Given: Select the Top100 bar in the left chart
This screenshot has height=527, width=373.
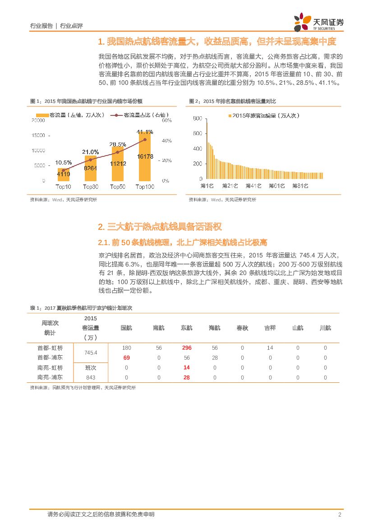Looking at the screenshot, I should point(145,158).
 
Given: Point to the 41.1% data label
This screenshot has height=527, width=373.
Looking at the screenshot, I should point(145,132).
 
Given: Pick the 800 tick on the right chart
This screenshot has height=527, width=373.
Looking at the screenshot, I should point(197,119).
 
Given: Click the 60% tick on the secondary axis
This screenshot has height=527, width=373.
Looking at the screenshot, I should point(166,121).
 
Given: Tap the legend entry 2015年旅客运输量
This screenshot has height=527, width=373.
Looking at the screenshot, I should point(264,116).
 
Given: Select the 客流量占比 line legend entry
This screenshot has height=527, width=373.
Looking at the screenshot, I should point(137,115).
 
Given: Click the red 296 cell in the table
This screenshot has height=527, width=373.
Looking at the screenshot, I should point(187,348).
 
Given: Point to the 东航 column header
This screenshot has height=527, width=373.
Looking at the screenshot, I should point(187,328).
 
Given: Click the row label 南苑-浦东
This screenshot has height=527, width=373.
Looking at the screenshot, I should point(51,377).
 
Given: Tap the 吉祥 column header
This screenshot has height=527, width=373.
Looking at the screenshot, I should point(270,328).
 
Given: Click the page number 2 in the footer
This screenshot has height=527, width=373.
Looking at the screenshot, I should point(340,514).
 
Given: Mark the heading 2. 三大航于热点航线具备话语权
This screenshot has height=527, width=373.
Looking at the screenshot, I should point(160,226).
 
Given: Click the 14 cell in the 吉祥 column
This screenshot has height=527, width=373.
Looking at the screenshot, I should point(270,348).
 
